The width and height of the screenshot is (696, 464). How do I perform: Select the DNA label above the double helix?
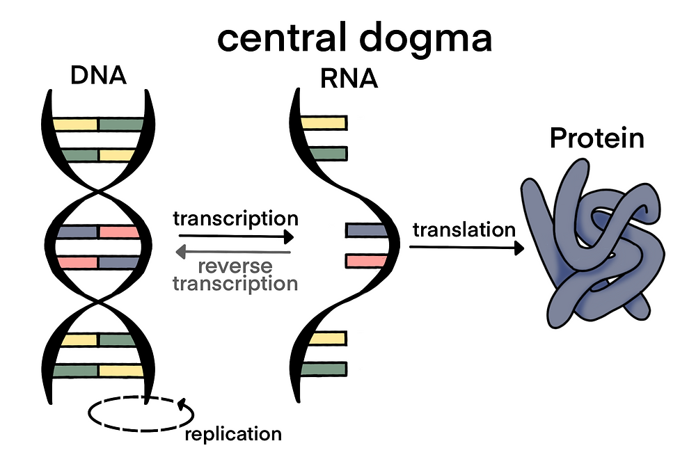tap(98, 74)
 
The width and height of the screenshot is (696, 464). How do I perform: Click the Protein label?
tap(596, 138)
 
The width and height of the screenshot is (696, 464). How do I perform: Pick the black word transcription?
tap(235, 218)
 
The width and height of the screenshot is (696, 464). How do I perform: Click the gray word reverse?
tap(235, 266)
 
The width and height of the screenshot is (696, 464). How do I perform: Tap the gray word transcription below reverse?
tap(235, 283)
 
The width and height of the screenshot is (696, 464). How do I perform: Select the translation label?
tap(464, 230)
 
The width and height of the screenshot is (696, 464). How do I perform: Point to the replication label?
tap(233, 435)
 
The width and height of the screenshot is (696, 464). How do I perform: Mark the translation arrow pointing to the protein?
tap(466, 248)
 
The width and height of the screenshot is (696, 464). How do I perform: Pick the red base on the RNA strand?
tap(364, 262)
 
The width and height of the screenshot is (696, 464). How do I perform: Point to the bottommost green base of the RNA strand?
tap(324, 369)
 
